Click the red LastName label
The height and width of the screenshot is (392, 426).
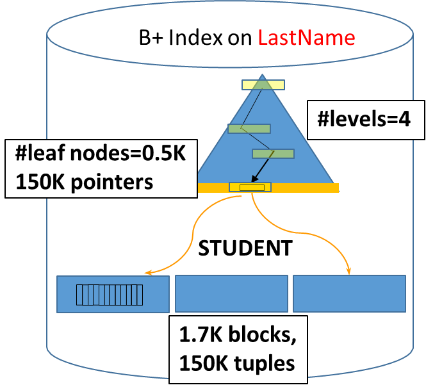(306, 38)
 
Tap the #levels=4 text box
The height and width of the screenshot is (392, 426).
(363, 120)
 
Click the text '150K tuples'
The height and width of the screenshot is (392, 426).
(237, 363)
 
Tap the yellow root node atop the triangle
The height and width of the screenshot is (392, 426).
(263, 84)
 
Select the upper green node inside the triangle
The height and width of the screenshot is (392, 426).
(249, 129)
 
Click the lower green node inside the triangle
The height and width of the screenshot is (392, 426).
(273, 154)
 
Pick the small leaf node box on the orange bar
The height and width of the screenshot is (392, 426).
(250, 187)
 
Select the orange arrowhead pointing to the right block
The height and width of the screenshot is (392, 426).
(350, 271)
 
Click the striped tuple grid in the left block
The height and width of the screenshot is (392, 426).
(110, 295)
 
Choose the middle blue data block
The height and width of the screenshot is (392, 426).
(231, 293)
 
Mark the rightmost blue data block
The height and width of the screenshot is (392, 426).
(349, 293)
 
